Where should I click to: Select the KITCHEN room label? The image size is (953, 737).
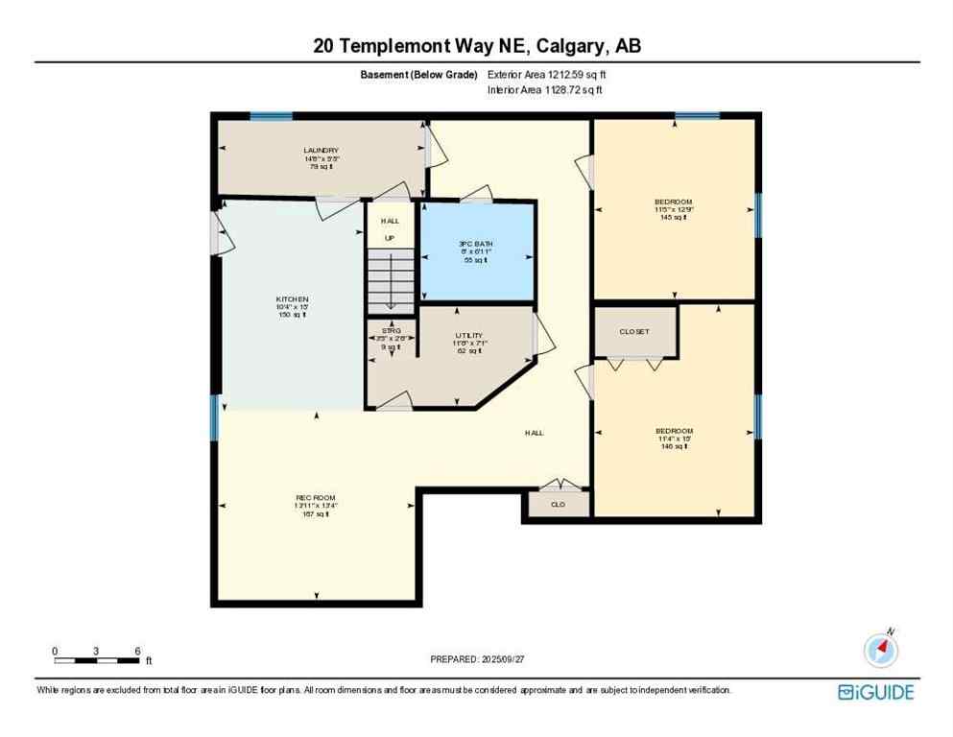click(292, 299)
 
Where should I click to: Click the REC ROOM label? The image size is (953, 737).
click(316, 497)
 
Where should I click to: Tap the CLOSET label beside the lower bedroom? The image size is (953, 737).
click(633, 332)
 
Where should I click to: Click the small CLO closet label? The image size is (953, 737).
click(558, 504)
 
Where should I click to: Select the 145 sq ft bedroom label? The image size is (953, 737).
click(672, 202)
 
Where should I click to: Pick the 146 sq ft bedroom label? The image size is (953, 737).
click(672, 431)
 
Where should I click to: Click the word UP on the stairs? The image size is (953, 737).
click(390, 237)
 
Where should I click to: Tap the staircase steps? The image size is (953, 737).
click(391, 280)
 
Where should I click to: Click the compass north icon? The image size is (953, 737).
click(880, 650)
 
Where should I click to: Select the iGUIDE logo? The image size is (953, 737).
click(874, 692)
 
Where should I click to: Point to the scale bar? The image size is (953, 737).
click(96, 660)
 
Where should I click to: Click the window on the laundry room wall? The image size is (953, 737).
click(271, 116)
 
